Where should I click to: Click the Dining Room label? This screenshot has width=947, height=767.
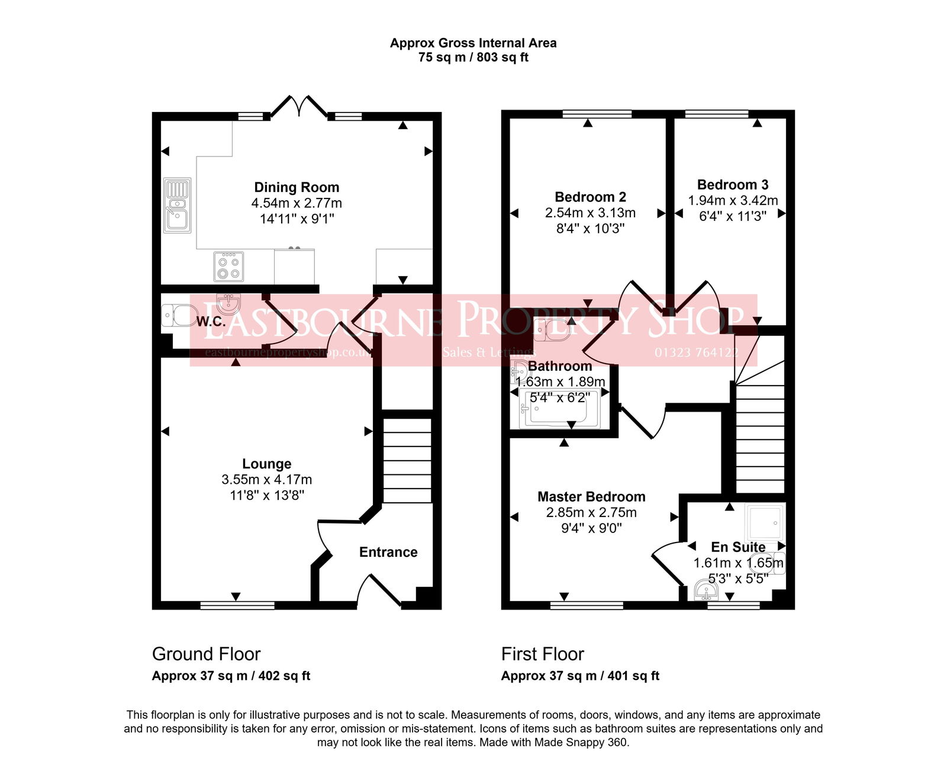click(x=297, y=187)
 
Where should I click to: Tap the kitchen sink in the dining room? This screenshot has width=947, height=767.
click(x=177, y=206)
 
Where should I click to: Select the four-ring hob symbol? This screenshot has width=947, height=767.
click(x=228, y=267)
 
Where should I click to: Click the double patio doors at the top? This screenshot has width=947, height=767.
click(x=299, y=107)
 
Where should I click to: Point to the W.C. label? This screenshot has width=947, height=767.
click(x=211, y=322)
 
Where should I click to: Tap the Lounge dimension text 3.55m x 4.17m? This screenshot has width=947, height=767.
click(x=266, y=480)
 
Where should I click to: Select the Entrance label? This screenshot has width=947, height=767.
click(x=388, y=552)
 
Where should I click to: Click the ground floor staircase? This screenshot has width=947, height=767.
click(x=407, y=461)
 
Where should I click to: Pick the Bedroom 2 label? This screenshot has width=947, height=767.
click(x=590, y=197)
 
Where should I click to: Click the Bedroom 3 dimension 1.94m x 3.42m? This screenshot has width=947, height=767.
click(x=733, y=201)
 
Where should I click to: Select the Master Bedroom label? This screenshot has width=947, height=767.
click(x=591, y=497)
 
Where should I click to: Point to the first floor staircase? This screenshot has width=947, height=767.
click(x=760, y=438)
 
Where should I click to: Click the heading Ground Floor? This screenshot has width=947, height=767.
click(x=206, y=654)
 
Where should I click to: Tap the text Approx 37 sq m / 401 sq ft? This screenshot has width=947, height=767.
click(x=580, y=676)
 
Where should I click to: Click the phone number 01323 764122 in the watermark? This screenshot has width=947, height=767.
click(x=696, y=352)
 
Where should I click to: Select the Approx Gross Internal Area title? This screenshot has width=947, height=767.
click(x=473, y=43)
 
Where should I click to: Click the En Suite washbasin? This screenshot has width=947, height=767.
click(x=706, y=591)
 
